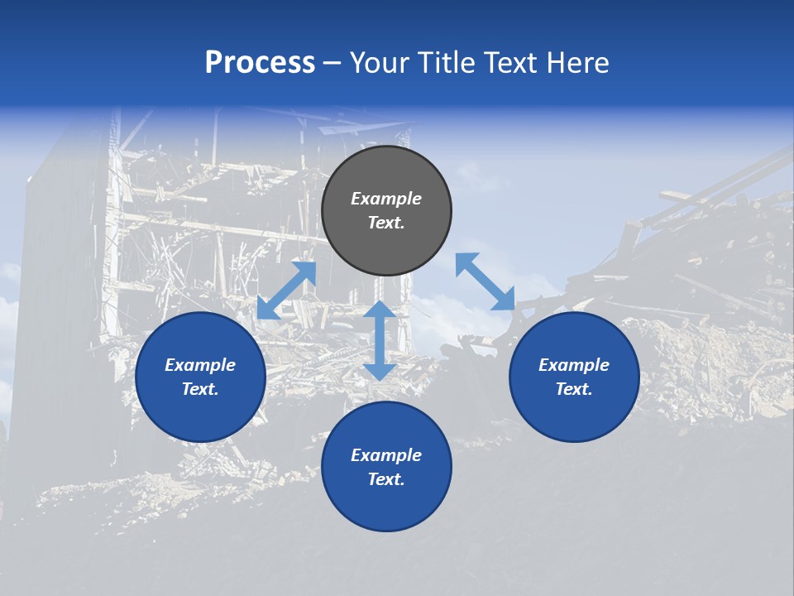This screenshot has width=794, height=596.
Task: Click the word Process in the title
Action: [x=260, y=63]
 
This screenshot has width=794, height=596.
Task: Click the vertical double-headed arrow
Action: [x=380, y=340]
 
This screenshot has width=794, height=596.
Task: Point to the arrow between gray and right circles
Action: [x=485, y=281]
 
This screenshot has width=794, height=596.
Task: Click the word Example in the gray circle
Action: [x=386, y=199]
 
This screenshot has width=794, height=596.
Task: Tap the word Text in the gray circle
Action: [x=385, y=223]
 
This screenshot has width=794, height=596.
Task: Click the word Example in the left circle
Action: [x=200, y=365]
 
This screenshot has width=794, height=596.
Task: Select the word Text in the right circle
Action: [x=572, y=389]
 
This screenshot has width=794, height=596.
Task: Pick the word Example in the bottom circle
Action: [x=386, y=455]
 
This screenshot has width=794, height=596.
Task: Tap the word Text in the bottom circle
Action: [x=385, y=479]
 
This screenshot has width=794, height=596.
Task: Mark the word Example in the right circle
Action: [x=574, y=365]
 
